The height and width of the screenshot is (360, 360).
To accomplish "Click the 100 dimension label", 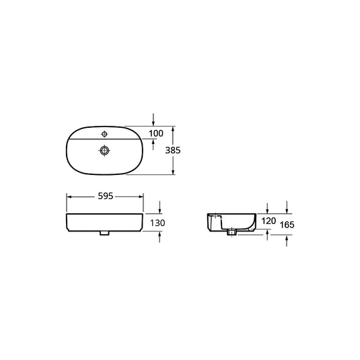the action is [x=156, y=133].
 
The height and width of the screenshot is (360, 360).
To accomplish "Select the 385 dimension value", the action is [x=173, y=150].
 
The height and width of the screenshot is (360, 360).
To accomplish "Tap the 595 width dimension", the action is [x=106, y=196].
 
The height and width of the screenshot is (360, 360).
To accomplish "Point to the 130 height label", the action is [x=157, y=223].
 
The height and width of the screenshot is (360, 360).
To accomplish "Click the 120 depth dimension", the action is [x=268, y=221].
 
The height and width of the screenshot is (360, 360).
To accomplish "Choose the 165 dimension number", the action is [x=287, y=225].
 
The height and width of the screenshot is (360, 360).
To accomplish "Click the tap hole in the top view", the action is [x=104, y=134].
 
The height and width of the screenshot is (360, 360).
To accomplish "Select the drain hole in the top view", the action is [x=104, y=151].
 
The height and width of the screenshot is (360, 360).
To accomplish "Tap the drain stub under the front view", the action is [x=104, y=233].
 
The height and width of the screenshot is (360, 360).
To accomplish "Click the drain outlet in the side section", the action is [x=231, y=232].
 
